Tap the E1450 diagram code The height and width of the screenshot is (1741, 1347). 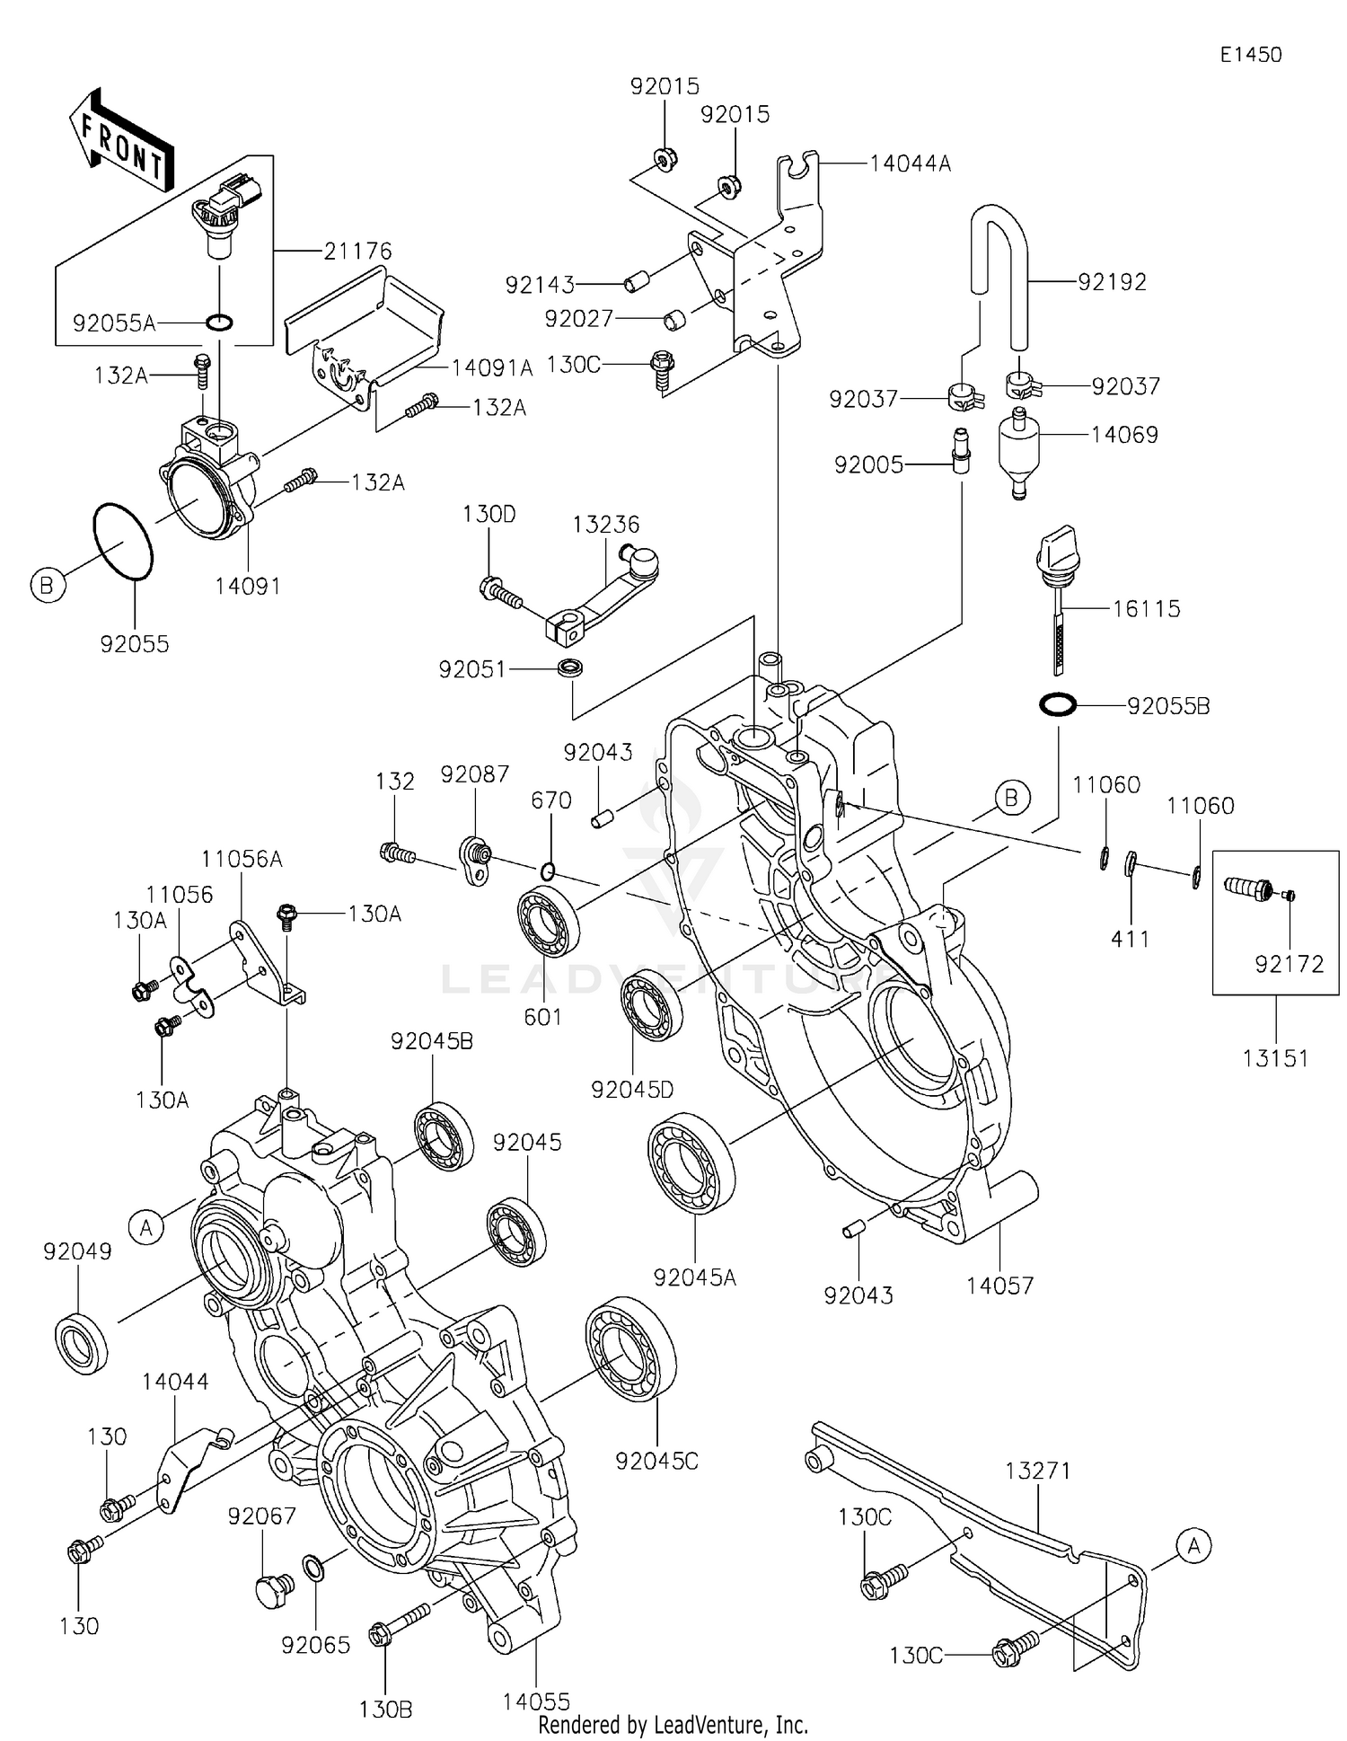tap(1251, 55)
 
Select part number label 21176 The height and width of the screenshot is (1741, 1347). tap(357, 252)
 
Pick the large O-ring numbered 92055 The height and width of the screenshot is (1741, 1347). tap(124, 542)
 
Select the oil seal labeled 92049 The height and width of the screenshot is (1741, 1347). tap(83, 1344)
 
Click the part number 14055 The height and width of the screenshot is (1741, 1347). tap(536, 1701)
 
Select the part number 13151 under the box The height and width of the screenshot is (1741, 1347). tap(1275, 1058)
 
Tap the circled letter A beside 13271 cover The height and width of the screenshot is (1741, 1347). tap(1193, 1545)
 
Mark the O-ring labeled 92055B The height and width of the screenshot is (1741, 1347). tap(1057, 704)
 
